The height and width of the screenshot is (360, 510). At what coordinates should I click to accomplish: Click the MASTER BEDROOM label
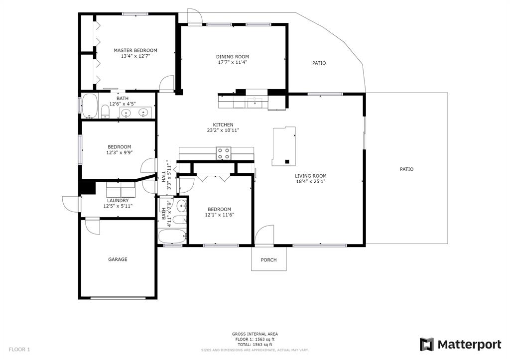point(135,50)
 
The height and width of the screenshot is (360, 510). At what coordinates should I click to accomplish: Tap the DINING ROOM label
point(233,57)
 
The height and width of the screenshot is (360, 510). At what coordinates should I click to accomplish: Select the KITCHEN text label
point(223,125)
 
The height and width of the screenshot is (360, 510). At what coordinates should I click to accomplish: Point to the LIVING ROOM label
point(311,176)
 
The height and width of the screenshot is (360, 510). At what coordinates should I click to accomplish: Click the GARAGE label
point(118,259)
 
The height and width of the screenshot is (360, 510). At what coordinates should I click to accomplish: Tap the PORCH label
point(269,260)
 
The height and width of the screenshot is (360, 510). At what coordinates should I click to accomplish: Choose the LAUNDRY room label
point(118,201)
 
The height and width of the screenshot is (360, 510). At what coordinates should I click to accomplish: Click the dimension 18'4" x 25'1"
point(311,182)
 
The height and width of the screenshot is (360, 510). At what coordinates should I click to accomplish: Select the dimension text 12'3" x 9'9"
point(120,152)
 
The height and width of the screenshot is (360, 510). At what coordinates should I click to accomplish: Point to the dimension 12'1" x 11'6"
point(220,215)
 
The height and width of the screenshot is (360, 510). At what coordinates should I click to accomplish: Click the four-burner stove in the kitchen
point(224,153)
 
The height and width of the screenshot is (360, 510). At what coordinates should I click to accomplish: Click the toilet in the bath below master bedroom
point(105,112)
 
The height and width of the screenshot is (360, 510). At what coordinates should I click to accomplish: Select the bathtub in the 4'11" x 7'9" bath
point(172,236)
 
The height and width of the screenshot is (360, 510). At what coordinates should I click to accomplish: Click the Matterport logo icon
point(427,345)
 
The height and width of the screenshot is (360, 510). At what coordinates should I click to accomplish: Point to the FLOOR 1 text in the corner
point(19,350)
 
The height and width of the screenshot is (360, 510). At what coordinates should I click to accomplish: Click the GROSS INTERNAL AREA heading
point(255,334)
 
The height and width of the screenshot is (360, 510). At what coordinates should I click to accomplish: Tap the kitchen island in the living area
point(283,146)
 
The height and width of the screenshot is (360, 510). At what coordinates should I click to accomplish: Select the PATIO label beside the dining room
point(319,63)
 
